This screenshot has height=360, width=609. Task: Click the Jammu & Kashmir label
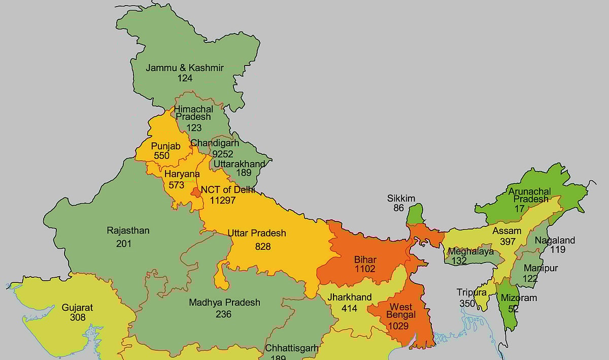[x=185, y=68]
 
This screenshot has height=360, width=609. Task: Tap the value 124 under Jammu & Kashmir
[x=185, y=78]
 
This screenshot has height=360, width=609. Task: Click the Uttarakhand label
[x=239, y=163]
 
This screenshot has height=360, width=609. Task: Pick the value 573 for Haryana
[x=176, y=185]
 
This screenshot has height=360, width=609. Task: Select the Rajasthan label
[x=128, y=231]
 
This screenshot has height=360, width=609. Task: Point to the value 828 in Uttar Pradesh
[x=263, y=246]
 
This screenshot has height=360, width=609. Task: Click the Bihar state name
[x=365, y=260]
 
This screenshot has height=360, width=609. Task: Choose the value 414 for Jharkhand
[x=349, y=308]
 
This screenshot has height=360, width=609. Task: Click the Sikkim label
[x=401, y=198]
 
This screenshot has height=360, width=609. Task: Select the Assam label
[x=506, y=231]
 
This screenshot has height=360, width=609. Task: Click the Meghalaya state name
[x=470, y=251]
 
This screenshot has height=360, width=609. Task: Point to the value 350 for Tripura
[x=467, y=304]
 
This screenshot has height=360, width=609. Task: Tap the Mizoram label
[x=518, y=298]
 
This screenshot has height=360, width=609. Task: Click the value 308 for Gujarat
[x=78, y=317]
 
